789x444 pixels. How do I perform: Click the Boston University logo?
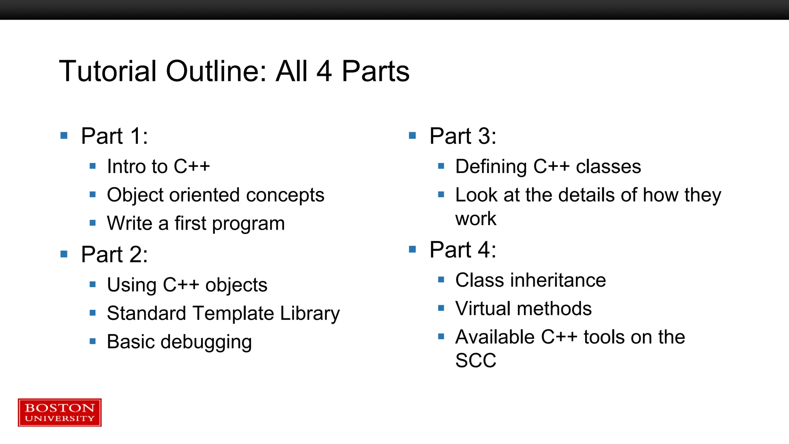pyautogui.click(x=60, y=412)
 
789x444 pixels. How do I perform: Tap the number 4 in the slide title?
pyautogui.click(x=324, y=71)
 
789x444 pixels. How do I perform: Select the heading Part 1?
pyautogui.click(x=114, y=136)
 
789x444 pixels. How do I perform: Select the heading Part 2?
pyautogui.click(x=114, y=254)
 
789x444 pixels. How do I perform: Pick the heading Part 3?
pyautogui.click(x=463, y=136)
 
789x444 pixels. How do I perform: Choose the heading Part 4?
pyautogui.click(x=463, y=250)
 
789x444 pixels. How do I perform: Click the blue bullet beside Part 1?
pyautogui.click(x=64, y=136)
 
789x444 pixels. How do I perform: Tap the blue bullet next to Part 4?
pyautogui.click(x=412, y=249)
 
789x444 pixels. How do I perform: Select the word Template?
pyautogui.click(x=233, y=313)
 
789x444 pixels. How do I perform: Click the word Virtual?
pyautogui.click(x=483, y=309)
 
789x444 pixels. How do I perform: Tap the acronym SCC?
pyautogui.click(x=476, y=361)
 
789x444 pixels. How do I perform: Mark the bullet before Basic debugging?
pyautogui.click(x=92, y=341)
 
